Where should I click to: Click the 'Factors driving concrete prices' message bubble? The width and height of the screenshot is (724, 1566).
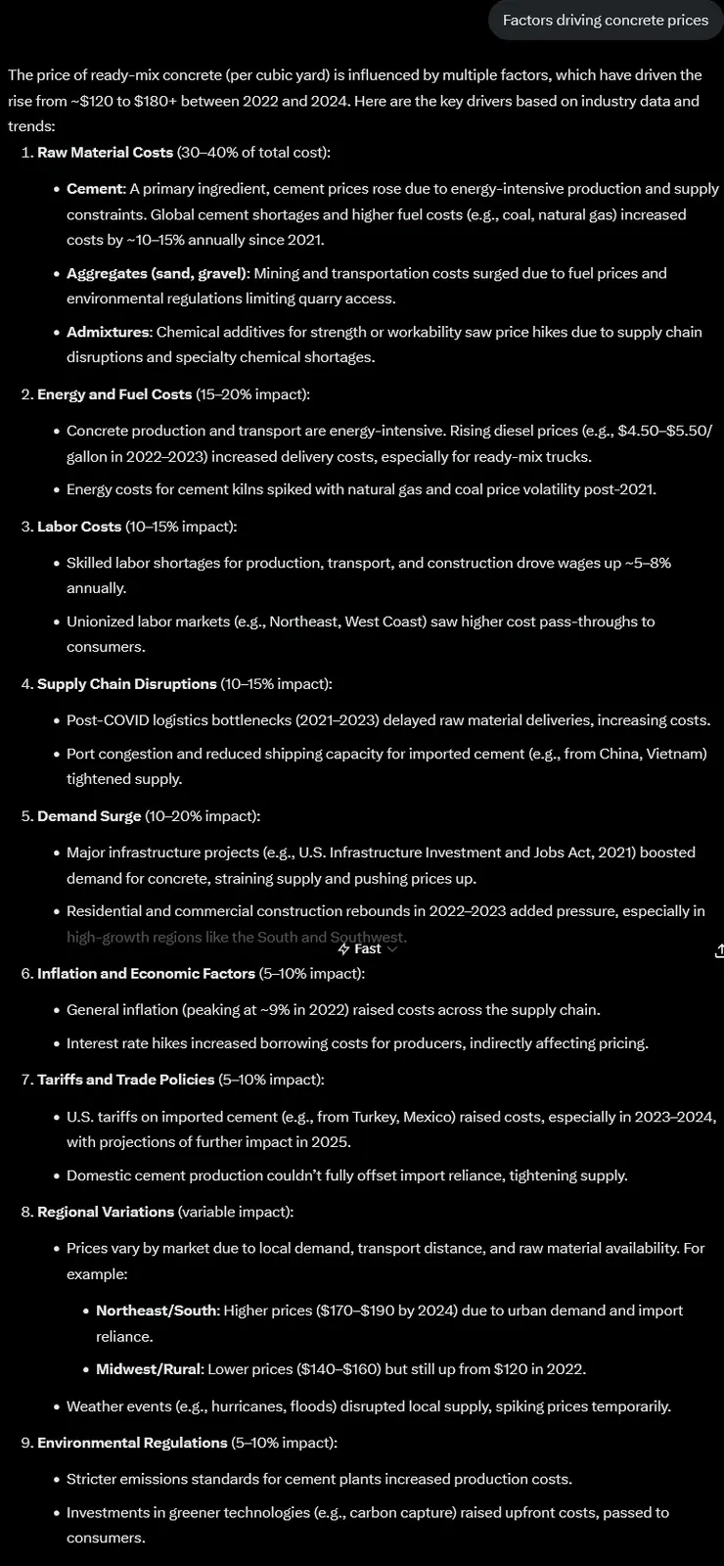click(605, 20)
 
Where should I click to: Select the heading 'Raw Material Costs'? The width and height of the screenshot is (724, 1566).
click(105, 152)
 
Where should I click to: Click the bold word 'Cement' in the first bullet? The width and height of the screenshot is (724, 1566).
click(95, 189)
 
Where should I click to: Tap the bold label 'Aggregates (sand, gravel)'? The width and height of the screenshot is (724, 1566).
click(157, 273)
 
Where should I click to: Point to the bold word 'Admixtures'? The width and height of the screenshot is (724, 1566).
click(108, 332)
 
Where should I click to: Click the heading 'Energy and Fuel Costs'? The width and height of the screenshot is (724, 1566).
click(113, 393)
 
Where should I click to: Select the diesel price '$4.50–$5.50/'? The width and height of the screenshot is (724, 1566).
click(665, 431)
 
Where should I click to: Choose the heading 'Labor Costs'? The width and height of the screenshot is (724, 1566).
click(79, 527)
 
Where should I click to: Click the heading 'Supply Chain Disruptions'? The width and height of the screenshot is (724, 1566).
click(126, 683)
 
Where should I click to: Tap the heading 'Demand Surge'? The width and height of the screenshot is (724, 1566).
click(89, 815)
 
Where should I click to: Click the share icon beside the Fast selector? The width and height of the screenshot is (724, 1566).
click(719, 949)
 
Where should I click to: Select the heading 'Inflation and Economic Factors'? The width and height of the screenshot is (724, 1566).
click(146, 973)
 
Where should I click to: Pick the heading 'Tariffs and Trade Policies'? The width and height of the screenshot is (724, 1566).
click(125, 1079)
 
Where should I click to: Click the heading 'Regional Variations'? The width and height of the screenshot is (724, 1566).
click(105, 1212)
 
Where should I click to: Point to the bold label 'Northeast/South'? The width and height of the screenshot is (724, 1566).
click(157, 1311)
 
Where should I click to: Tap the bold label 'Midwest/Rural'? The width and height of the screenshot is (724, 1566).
click(148, 1368)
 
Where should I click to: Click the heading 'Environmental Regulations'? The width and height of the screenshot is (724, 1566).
click(132, 1443)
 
